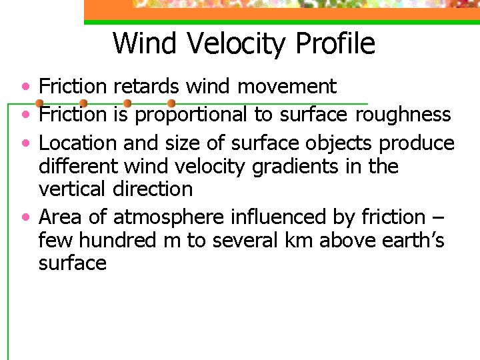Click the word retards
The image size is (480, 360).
[147, 86]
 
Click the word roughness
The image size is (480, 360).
[403, 115]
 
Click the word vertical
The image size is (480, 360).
[73, 189]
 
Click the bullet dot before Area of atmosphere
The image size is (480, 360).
[25, 218]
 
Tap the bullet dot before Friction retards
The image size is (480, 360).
[25, 87]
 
